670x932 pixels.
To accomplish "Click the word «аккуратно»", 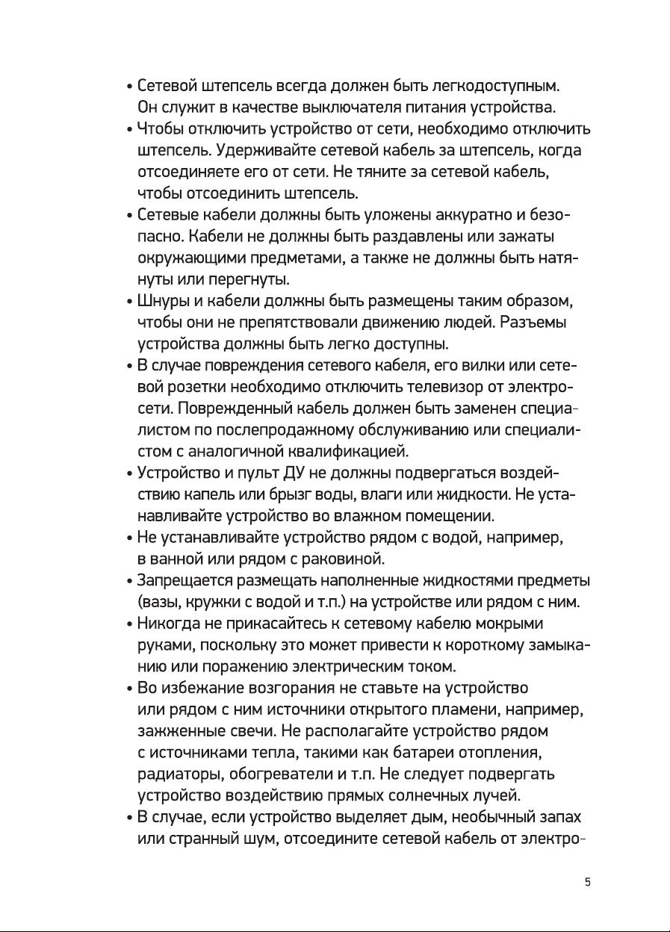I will point(472,216).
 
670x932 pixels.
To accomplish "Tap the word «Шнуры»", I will point(162,302).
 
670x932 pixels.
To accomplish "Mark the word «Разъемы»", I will point(533,324).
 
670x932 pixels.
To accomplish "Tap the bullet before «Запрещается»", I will point(130,582).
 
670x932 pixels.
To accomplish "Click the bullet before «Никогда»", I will point(130,625).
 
